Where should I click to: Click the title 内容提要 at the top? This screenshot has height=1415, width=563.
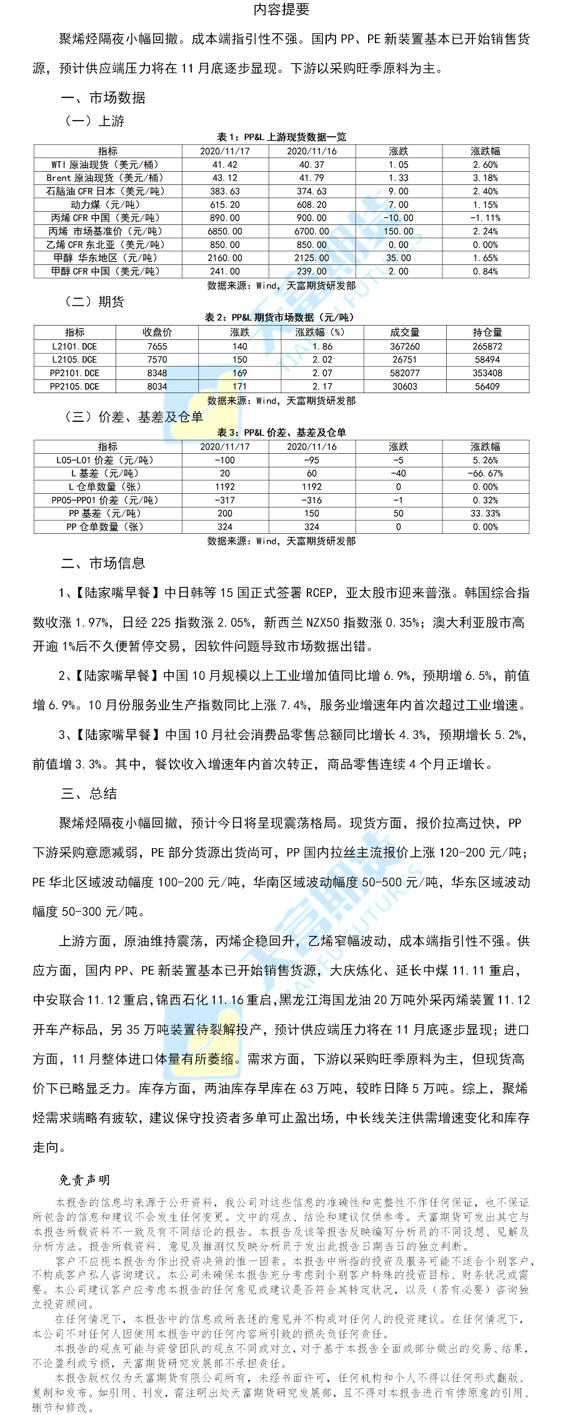pyautogui.click(x=281, y=9)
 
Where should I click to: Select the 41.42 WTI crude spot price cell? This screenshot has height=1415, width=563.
pyautogui.click(x=225, y=165)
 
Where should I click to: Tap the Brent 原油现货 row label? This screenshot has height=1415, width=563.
pyautogui.click(x=107, y=178)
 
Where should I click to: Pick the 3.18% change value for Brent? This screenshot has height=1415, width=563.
pyautogui.click(x=486, y=178)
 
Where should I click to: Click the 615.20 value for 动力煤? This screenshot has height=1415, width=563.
pyautogui.click(x=225, y=205)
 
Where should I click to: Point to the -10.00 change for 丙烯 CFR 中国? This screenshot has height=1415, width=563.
pyautogui.click(x=399, y=218)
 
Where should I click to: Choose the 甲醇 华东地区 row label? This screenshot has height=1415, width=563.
pyautogui.click(x=107, y=258)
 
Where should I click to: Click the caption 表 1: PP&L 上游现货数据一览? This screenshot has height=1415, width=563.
pyautogui.click(x=281, y=137)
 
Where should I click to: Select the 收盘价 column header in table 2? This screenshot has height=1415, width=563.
pyautogui.click(x=157, y=332)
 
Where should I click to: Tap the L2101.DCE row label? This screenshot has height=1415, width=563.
pyautogui.click(x=74, y=346)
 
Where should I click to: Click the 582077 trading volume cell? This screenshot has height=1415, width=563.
pyautogui.click(x=405, y=373)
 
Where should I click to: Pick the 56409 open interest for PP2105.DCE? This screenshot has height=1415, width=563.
pyautogui.click(x=487, y=387)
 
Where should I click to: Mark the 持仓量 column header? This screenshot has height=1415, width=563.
pyautogui.click(x=487, y=332)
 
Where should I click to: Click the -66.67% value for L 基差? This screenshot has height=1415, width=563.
pyautogui.click(x=486, y=474)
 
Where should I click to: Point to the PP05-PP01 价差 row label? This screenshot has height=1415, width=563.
pyautogui.click(x=107, y=501)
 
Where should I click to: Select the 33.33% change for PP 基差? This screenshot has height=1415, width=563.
pyautogui.click(x=486, y=514)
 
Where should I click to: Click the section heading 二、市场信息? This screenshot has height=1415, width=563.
pyautogui.click(x=103, y=564)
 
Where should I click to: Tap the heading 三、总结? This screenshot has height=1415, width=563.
pyautogui.click(x=89, y=794)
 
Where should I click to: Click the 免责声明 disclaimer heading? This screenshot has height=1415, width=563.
pyautogui.click(x=84, y=1180)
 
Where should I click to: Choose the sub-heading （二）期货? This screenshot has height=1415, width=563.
pyautogui.click(x=94, y=302)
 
